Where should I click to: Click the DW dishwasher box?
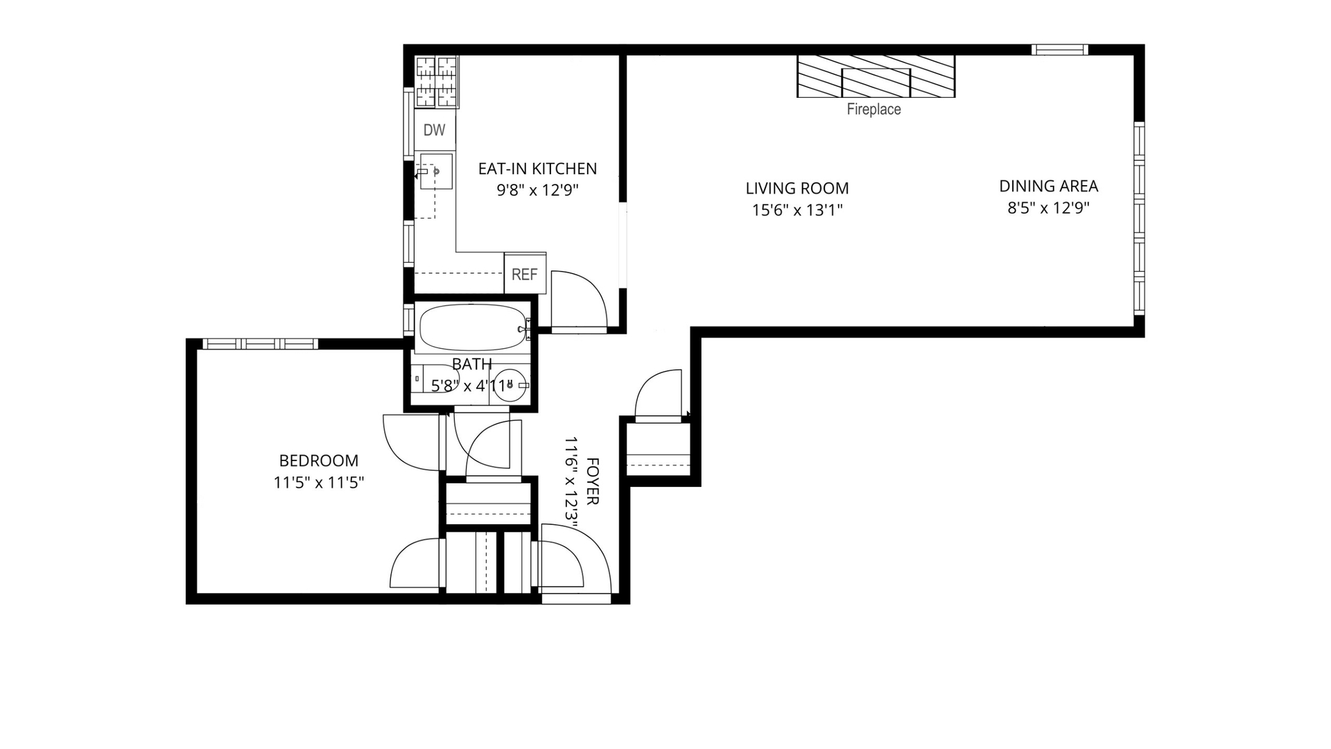[x=435, y=130]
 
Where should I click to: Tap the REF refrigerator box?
[x=525, y=274]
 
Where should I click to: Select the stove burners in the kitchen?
[x=437, y=82]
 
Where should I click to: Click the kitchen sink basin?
[x=436, y=171]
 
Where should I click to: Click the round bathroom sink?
[x=512, y=384]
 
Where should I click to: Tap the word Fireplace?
[x=873, y=109]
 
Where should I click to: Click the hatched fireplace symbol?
[x=876, y=76]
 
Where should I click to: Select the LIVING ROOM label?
[x=797, y=188]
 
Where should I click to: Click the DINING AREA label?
[x=1048, y=186]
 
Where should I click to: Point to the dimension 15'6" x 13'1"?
[x=797, y=209]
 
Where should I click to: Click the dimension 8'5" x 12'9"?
[x=1048, y=207]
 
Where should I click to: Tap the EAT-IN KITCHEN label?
[x=537, y=169]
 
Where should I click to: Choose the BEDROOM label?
[x=319, y=460]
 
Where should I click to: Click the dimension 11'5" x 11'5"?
[x=319, y=482]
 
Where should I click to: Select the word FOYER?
[x=593, y=481]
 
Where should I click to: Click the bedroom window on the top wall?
[x=260, y=343]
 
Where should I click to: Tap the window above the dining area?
[x=1059, y=49]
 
